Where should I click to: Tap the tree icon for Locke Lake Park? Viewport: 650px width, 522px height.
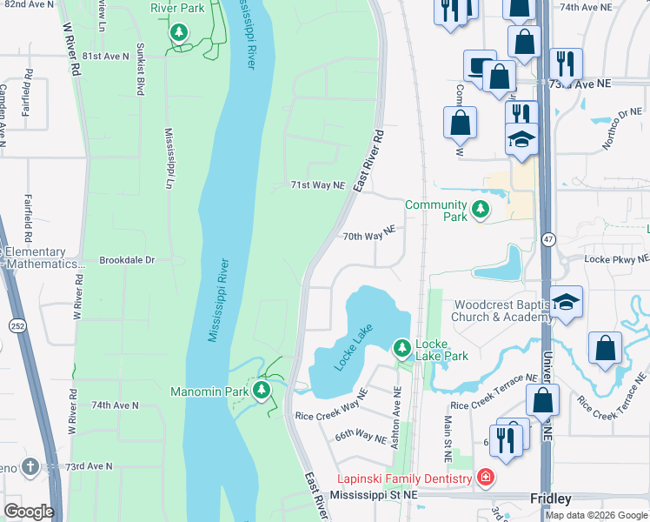click(x=401, y=349)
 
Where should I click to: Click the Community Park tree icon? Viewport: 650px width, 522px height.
click(x=480, y=210)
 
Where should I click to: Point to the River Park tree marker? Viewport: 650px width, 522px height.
click(x=179, y=33)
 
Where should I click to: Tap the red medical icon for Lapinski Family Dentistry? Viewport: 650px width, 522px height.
click(x=484, y=478)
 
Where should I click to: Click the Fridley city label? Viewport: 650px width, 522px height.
click(x=551, y=499)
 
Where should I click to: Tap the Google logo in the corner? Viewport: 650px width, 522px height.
click(x=29, y=512)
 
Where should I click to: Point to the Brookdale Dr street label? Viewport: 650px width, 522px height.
click(x=127, y=260)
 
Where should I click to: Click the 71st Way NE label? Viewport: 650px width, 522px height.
click(x=317, y=186)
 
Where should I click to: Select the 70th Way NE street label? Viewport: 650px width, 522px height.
click(x=368, y=235)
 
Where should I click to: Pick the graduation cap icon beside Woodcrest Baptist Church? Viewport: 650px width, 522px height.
click(x=566, y=302)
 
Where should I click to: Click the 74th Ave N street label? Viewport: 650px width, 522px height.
click(x=115, y=405)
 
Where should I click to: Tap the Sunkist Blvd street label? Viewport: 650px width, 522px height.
click(x=139, y=72)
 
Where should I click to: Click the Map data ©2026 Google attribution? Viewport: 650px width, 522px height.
click(x=595, y=515)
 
